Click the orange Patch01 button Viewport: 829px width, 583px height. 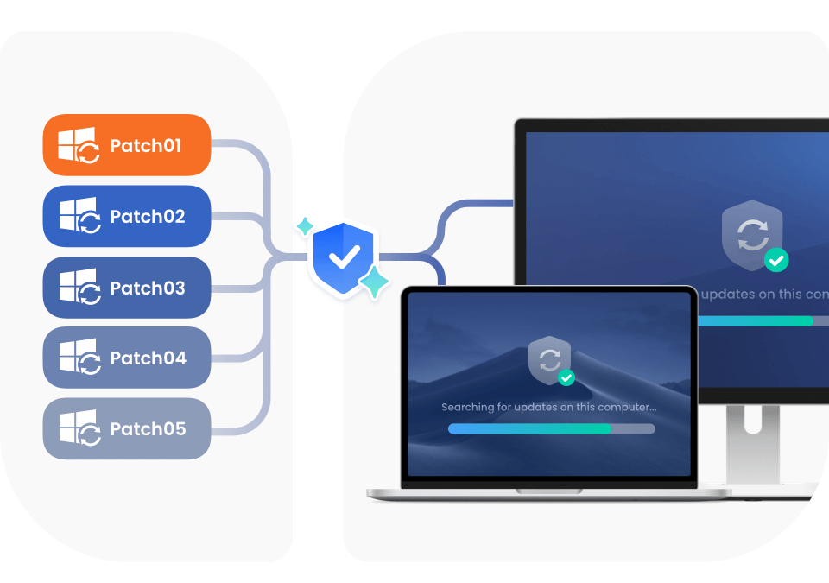[x=127, y=145]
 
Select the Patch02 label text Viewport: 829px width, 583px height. [x=148, y=217]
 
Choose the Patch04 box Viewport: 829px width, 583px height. [x=127, y=358]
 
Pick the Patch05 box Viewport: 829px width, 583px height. [x=127, y=428]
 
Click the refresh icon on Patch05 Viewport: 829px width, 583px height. [x=89, y=435]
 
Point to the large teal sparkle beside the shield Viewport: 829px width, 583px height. [x=374, y=282]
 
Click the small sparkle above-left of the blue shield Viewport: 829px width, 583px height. [x=305, y=227]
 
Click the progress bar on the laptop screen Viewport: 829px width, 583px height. [x=551, y=428]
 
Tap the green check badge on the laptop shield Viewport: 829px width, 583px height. [x=566, y=378]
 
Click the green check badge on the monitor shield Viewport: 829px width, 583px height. [x=776, y=259]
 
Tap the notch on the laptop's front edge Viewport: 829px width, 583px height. [x=549, y=491]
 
